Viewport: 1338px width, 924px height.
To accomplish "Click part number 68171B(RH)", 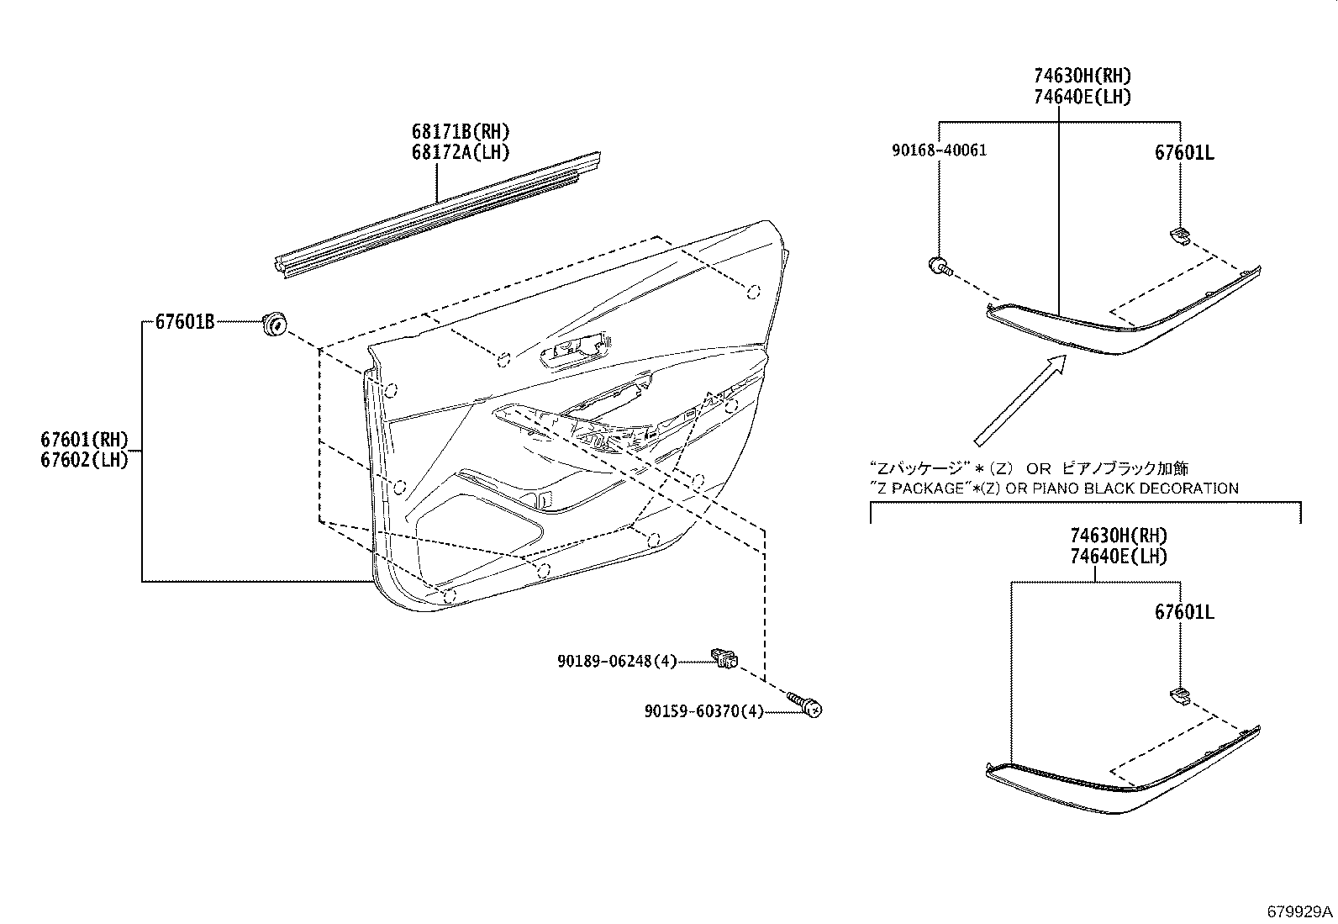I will point(461,132).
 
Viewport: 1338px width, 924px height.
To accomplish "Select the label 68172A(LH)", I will point(461,152).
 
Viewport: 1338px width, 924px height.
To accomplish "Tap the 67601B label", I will point(184,321).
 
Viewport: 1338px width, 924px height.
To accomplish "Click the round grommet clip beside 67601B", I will point(274,323).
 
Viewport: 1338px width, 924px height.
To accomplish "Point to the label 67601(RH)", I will point(84,439).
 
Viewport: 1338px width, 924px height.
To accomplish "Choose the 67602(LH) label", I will point(84,460).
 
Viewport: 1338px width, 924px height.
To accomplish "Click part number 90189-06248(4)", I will point(616,662).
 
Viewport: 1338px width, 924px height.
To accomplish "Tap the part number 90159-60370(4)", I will point(704,711).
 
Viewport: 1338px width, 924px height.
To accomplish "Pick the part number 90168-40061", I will point(939,150).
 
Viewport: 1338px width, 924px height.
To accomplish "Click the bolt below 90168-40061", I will point(939,267).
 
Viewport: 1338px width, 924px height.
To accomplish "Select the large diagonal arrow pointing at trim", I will point(1019,399).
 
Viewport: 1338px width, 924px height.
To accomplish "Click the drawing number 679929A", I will point(1300,911).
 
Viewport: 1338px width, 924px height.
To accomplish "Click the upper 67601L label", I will point(1184,152).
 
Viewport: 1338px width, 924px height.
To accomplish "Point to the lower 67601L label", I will point(1184,612).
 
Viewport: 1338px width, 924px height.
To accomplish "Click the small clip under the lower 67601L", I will point(1181,694).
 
